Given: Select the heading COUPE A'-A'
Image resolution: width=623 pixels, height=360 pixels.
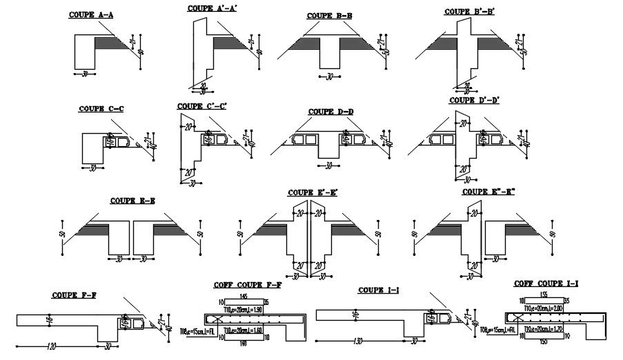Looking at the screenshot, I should click(212, 8).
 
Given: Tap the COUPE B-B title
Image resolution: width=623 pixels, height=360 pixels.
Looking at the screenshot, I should click(330, 14).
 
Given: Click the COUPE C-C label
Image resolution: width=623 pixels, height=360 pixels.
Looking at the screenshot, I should click(101, 108).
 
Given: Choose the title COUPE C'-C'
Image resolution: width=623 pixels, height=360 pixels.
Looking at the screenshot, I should click(201, 106).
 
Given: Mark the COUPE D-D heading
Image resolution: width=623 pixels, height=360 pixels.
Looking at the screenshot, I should click(330, 111).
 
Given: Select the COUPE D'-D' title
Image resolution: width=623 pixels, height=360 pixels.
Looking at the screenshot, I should click(474, 100).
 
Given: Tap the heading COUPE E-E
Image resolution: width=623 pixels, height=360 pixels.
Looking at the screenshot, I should click(132, 201).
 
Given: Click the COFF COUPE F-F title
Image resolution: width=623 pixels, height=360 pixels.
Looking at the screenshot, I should click(248, 285).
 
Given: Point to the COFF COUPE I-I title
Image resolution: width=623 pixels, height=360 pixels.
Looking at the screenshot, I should click(546, 283).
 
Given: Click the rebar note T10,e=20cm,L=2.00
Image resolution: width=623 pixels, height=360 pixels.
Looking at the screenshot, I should click(545, 309).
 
